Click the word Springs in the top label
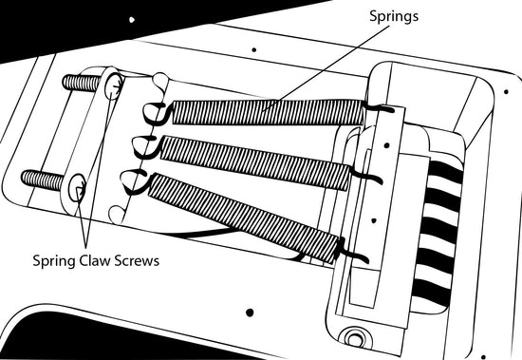(x=394, y=17)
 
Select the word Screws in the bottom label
(x=137, y=260)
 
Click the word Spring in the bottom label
(x=54, y=261)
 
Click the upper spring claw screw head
(x=113, y=85)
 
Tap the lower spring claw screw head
(x=77, y=188)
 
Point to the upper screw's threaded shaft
(x=82, y=83)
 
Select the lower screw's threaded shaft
(x=43, y=180)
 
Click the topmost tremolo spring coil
(x=267, y=112)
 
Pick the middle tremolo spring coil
(x=254, y=162)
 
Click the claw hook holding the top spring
(x=156, y=114)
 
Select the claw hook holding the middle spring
(x=146, y=146)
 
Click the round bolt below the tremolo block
(x=354, y=338)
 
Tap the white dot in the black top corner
(x=132, y=20)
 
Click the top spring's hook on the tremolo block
(x=379, y=107)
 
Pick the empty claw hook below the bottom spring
(x=117, y=214)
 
